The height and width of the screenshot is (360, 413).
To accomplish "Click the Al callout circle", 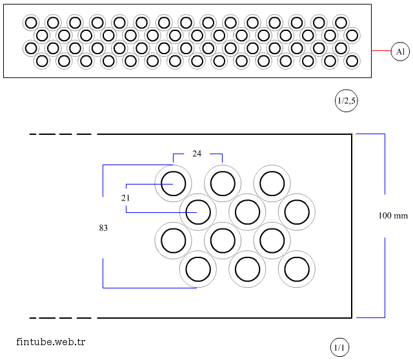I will pos(400,51).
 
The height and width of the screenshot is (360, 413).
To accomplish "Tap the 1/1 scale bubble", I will pos(339,348).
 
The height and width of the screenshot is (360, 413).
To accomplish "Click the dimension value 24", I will pos(197,154).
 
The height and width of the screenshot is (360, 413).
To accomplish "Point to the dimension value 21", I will pos(125,198).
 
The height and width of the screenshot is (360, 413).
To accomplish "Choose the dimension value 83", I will pos(103,228).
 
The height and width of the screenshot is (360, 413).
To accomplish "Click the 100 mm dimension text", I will pos(392,215).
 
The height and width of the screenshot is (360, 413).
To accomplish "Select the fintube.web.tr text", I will pos(51,341).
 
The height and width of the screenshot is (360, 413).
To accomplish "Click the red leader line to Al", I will pos(381,51).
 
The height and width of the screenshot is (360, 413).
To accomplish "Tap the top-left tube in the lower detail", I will pos(173,183).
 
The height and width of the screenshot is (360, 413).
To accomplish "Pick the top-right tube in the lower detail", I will pos(272,183).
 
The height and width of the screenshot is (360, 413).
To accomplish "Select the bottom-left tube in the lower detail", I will pos(197,270).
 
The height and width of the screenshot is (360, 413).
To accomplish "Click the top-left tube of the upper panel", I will pos(30,23).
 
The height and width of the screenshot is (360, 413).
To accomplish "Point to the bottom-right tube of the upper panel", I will pos(352,61).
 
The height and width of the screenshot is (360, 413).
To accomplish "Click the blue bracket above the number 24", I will pos(197,154).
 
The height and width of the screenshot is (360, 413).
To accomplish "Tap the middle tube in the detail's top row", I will pos(223,183).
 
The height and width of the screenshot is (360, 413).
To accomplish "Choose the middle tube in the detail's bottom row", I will pos(247,270).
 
